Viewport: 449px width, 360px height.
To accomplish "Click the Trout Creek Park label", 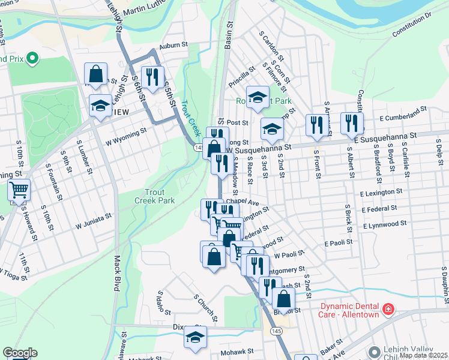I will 146,196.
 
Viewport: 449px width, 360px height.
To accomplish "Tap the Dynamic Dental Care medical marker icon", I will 389,309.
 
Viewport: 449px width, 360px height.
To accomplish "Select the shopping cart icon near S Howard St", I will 19,190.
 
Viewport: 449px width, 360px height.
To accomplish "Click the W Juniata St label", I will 94,221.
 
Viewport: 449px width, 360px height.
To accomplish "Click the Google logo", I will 19,353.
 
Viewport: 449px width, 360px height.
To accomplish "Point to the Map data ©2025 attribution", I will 424,355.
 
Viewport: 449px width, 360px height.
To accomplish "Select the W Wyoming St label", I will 126,136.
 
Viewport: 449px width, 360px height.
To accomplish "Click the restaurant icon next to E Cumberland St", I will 352,124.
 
